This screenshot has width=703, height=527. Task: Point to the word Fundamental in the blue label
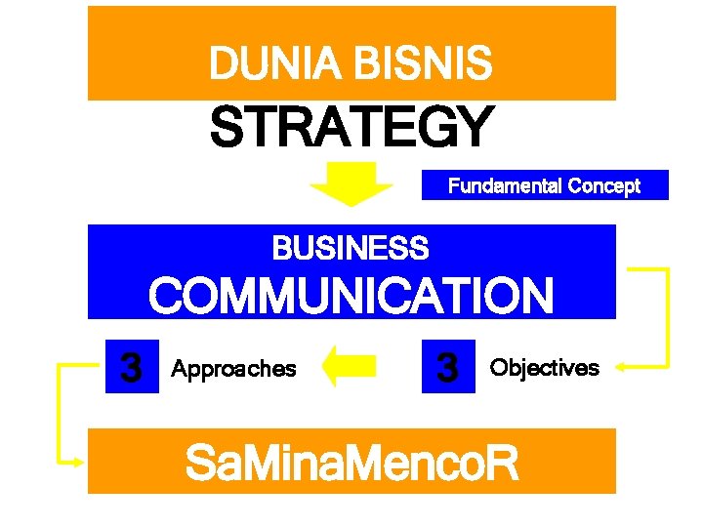pyautogui.click(x=504, y=185)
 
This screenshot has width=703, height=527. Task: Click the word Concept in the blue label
pyautogui.click(x=603, y=185)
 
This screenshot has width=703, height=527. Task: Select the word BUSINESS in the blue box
pyautogui.click(x=351, y=249)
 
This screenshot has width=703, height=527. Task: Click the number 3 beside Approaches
pyautogui.click(x=131, y=368)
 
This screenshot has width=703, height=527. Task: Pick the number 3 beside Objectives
pyautogui.click(x=448, y=367)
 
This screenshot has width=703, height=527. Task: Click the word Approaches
pyautogui.click(x=233, y=369)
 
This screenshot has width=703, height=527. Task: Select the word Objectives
pyautogui.click(x=545, y=368)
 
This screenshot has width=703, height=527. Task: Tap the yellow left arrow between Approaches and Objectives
pyautogui.click(x=349, y=366)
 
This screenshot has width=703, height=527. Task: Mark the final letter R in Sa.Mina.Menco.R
pyautogui.click(x=500, y=464)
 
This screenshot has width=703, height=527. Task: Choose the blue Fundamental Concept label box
pyautogui.click(x=545, y=185)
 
